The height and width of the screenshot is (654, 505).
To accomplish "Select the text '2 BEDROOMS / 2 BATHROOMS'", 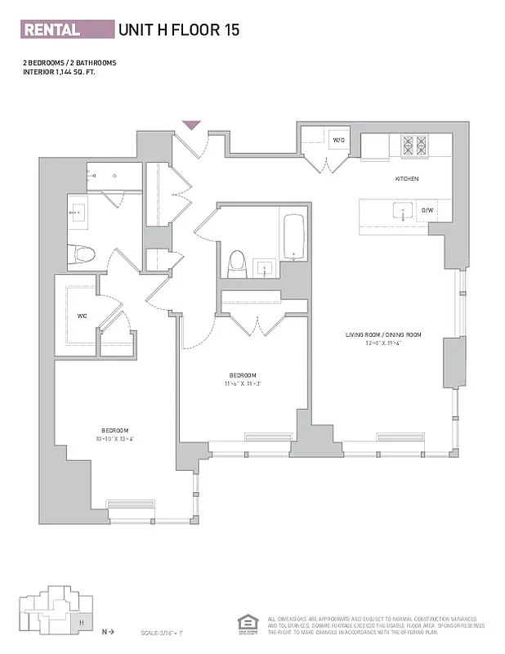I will (69, 63).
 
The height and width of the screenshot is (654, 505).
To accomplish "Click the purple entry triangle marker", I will (191, 126).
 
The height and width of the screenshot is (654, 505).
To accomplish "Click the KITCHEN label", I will (406, 178).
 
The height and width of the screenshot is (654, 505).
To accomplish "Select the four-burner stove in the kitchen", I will (413, 146).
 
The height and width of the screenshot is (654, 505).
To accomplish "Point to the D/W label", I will (427, 210).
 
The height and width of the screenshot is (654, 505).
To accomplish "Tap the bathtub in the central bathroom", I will (293, 236).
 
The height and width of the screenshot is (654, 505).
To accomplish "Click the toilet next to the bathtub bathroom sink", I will (237, 262).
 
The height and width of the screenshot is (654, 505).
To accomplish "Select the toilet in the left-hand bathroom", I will (85, 254).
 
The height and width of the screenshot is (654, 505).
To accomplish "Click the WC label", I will (82, 315).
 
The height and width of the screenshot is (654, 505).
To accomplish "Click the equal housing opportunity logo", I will (244, 623).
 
